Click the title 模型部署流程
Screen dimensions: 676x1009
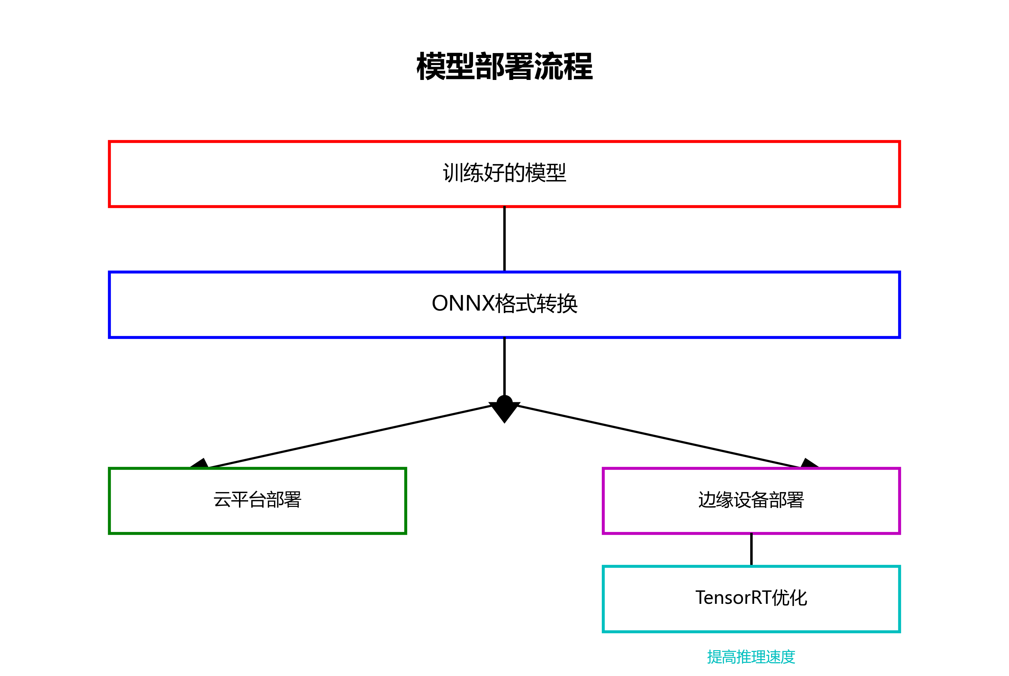[x=504, y=67]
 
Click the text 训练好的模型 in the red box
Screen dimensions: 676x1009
[x=504, y=173]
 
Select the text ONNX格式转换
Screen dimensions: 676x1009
[x=504, y=304]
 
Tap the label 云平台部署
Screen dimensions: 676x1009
[x=257, y=500]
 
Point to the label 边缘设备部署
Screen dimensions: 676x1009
[x=751, y=500]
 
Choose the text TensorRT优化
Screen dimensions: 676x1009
[x=751, y=598]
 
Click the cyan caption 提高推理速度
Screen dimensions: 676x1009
[x=751, y=657]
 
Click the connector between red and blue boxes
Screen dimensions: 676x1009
[x=504, y=239]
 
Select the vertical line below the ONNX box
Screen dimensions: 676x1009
[x=504, y=366]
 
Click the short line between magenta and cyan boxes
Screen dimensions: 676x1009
[x=751, y=549]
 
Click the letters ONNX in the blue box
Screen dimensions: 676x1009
[x=462, y=304]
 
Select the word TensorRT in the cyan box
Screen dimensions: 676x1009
[x=733, y=598]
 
